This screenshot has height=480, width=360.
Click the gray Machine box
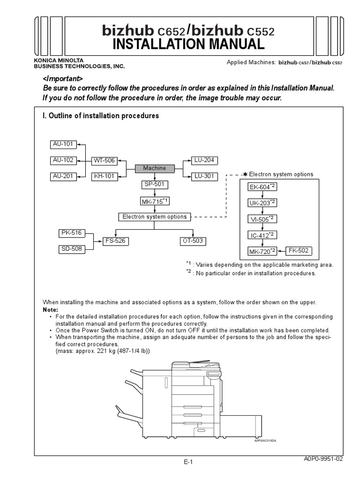tap(154, 168)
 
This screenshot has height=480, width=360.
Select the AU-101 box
tap(63, 144)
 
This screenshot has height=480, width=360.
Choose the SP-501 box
tap(154, 185)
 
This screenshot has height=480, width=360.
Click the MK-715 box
tap(154, 201)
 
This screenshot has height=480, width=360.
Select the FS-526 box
tap(115, 241)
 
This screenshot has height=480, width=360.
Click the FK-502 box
tap(298, 251)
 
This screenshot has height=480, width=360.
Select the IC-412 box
tap(262, 234)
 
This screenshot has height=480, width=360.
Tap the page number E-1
tap(188, 462)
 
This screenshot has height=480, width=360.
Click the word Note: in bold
tap(51, 310)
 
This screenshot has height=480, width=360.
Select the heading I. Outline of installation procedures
tap(101, 116)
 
